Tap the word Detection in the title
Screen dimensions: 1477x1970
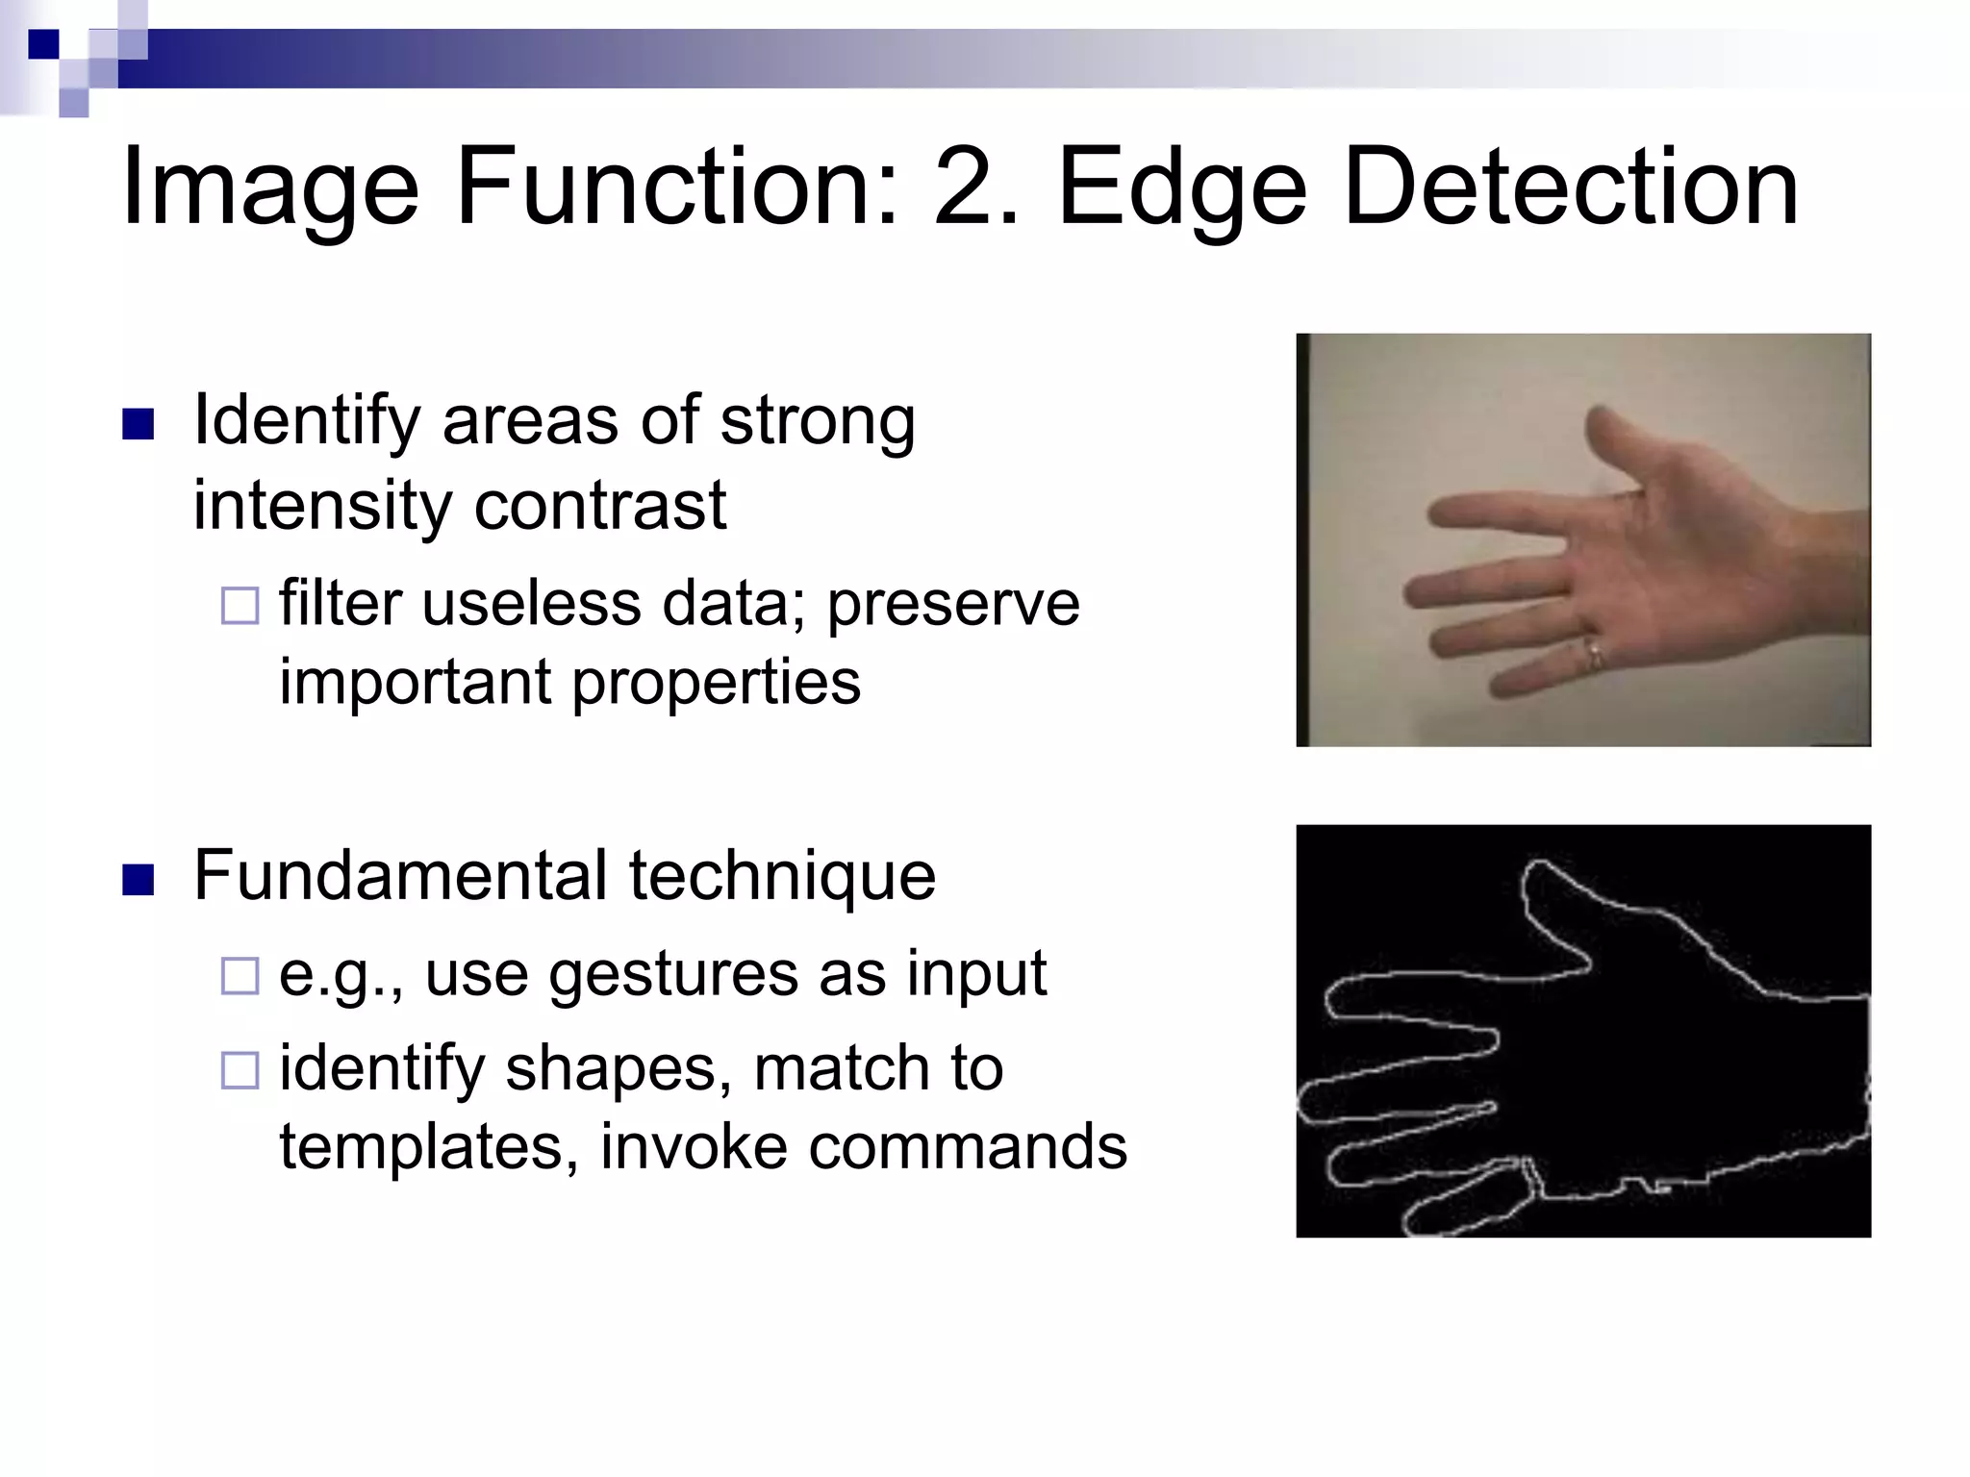click(1570, 187)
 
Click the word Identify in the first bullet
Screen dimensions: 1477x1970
click(307, 423)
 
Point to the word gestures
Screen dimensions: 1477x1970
click(673, 976)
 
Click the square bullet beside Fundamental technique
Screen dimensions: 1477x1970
click(139, 880)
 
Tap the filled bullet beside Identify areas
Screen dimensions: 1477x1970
click(139, 424)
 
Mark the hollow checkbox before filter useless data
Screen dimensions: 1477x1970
click(240, 607)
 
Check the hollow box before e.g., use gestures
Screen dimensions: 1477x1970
click(240, 976)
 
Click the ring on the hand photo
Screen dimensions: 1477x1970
click(1593, 653)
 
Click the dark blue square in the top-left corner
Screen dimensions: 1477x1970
click(43, 44)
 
